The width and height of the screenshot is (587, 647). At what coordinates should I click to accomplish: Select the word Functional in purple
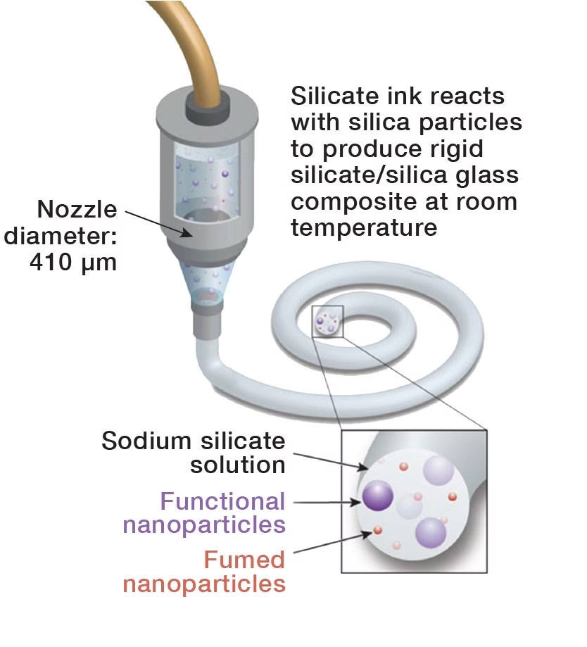pos(222,501)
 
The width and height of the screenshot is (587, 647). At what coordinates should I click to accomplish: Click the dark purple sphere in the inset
pos(379,495)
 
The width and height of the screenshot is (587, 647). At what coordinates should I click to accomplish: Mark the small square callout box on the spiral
pos(327,322)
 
